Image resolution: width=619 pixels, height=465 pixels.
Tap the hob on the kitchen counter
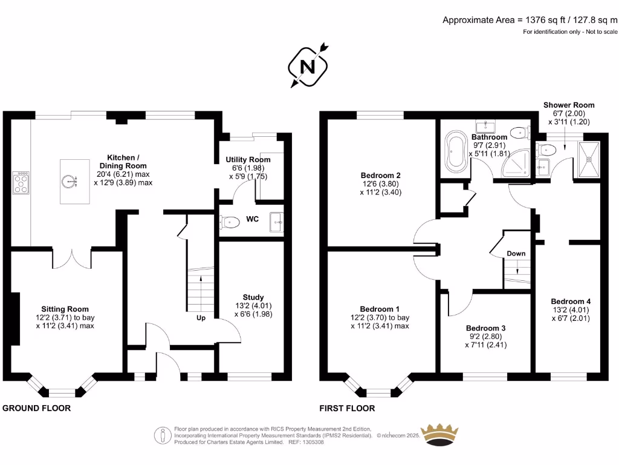pos(21,182)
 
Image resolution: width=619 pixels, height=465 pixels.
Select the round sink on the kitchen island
pos(70,180)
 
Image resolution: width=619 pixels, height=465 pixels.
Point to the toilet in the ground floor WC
pos(230,222)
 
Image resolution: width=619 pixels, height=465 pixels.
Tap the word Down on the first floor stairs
pos(516,253)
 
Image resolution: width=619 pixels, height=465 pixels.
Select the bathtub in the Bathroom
pos(453,153)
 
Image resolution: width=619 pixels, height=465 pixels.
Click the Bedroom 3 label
pos(485,328)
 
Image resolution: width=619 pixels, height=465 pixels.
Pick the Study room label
pos(253,297)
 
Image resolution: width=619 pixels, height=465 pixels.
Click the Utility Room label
pos(244,159)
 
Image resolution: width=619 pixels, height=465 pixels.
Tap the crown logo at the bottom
pos(446,435)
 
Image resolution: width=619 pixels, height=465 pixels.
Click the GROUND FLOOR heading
pos(37,408)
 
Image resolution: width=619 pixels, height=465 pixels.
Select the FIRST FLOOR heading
pos(348,408)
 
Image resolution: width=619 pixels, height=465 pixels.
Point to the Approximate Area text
pos(530,20)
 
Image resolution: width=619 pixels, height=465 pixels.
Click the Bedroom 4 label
pos(571,301)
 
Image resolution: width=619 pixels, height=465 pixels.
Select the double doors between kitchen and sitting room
pos(71,257)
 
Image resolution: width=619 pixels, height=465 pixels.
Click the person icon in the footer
pos(162,435)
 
